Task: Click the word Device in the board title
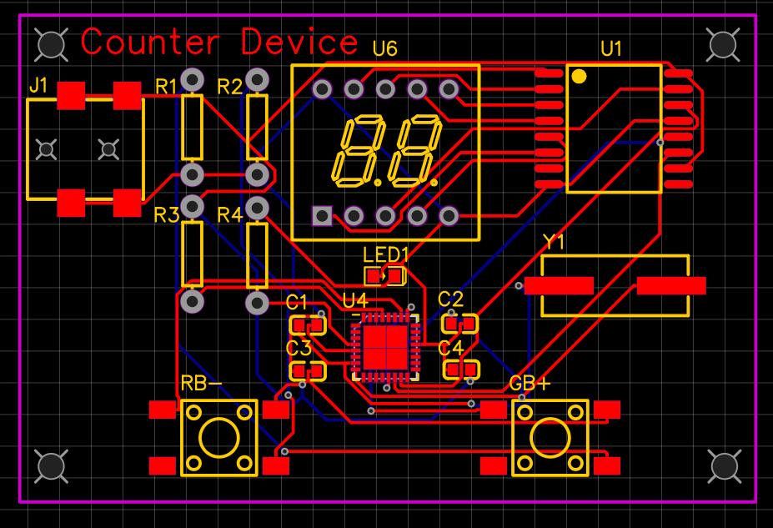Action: click(x=299, y=42)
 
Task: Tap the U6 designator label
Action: click(x=384, y=49)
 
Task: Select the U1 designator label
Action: click(x=611, y=49)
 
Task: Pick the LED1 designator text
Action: click(x=386, y=253)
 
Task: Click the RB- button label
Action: click(x=201, y=385)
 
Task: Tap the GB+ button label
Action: click(x=530, y=384)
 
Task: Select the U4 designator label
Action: click(x=354, y=299)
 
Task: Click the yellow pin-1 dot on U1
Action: click(x=579, y=77)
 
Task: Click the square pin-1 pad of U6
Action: click(x=323, y=217)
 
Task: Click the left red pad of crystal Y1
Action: click(x=559, y=286)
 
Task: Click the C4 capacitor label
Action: click(x=450, y=346)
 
